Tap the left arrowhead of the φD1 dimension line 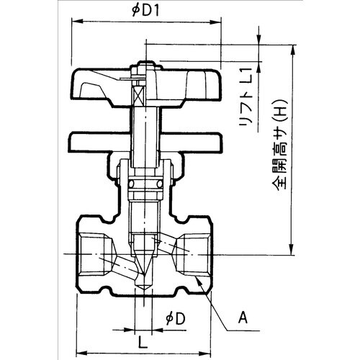click(x=73, y=20)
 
